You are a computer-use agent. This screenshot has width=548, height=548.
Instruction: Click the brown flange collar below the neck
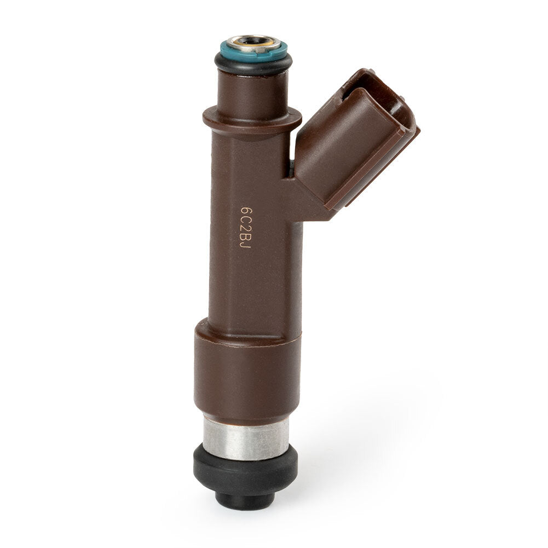tap(252, 120)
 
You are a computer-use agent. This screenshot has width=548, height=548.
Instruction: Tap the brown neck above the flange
tap(253, 91)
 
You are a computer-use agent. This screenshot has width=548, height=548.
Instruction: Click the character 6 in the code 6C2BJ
tap(247, 212)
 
